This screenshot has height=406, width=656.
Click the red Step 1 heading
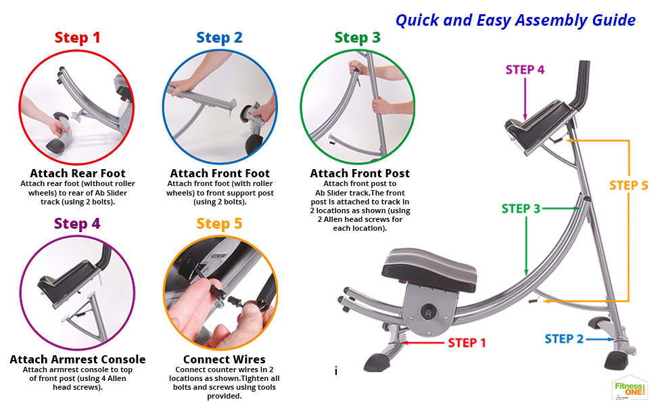(77, 38)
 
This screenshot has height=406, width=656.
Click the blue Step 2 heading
(219, 38)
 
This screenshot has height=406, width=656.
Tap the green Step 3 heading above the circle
(357, 38)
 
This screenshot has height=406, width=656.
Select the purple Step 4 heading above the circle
(77, 224)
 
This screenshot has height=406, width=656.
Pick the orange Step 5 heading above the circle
(219, 224)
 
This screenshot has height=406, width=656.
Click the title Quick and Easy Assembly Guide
(515, 20)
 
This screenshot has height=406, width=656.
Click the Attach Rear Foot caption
(78, 173)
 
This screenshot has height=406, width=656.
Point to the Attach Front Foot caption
(220, 173)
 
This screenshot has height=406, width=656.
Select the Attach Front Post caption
(360, 173)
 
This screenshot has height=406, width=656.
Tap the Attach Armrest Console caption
(78, 359)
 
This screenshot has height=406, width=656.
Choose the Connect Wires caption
(225, 359)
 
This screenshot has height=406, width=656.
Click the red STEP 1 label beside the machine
(467, 343)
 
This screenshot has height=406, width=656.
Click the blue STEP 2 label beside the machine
(564, 339)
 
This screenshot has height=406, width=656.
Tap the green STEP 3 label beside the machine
(521, 208)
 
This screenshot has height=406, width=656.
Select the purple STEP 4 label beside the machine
(525, 70)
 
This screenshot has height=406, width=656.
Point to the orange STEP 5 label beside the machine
(628, 185)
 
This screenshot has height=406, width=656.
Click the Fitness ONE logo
(629, 388)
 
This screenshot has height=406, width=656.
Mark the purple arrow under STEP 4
(525, 99)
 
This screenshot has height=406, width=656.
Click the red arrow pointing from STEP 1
(423, 343)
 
